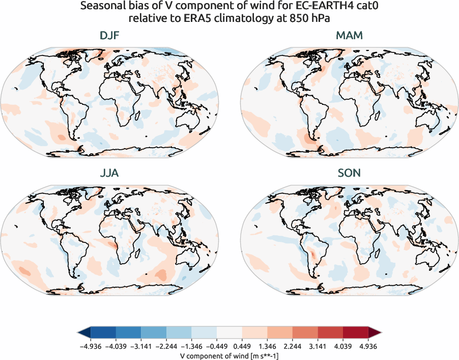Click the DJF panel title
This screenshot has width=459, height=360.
tap(109, 36)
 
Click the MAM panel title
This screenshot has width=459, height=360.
tap(349, 36)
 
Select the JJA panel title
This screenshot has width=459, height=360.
tap(109, 174)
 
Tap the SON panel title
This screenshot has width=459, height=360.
tap(349, 174)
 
